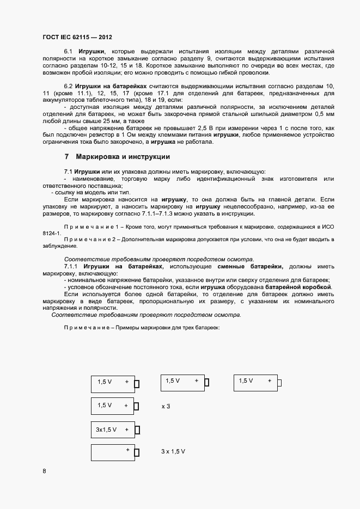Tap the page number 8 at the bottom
[x=44, y=470]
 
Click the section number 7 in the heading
[x=66, y=157]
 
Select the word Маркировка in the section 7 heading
[x=97, y=157]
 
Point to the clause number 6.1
[x=69, y=51]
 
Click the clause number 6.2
[x=69, y=87]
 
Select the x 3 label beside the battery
[x=166, y=406]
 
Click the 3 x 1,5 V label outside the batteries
[x=173, y=452]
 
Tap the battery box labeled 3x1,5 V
[x=112, y=430]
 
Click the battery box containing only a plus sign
[x=112, y=452]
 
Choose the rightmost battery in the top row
[x=255, y=382]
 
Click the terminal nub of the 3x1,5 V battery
[x=137, y=430]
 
